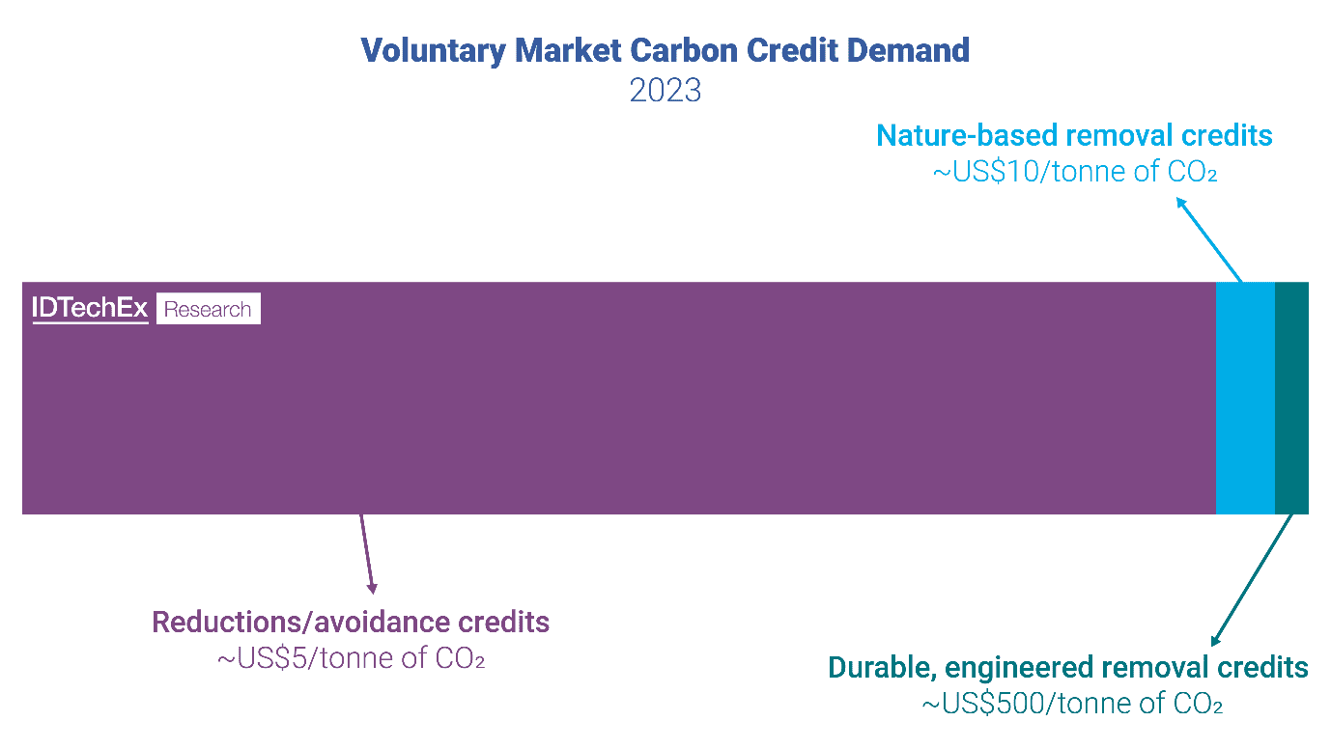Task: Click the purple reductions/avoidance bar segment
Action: point(618,415)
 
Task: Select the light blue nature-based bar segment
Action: point(1245,398)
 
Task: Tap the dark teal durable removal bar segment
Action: point(1291,398)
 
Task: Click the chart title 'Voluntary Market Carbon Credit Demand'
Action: point(665,50)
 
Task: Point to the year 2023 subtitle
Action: point(665,90)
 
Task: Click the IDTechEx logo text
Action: point(90,309)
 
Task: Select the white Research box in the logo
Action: point(208,309)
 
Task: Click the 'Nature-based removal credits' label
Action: point(1074,135)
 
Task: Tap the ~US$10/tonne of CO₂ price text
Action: point(1074,172)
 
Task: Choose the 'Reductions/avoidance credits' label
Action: point(351,622)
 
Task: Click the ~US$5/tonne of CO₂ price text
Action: point(351,659)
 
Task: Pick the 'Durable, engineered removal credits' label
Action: point(1068,667)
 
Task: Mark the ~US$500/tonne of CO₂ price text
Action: point(1072,704)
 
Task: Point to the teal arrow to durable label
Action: point(1253,579)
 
